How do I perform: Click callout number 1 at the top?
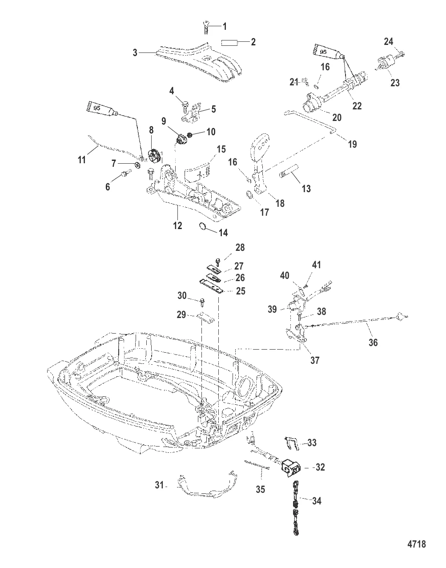[x=224, y=27]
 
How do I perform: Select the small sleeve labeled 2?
[x=229, y=42]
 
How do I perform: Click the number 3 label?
[x=135, y=53]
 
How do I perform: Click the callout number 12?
[x=177, y=226]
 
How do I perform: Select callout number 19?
[x=352, y=144]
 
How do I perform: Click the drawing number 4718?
[x=417, y=544]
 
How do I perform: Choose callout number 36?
[x=373, y=342]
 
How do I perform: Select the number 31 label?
[x=160, y=485]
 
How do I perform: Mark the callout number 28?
[x=240, y=248]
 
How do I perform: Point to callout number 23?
[x=394, y=82]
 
